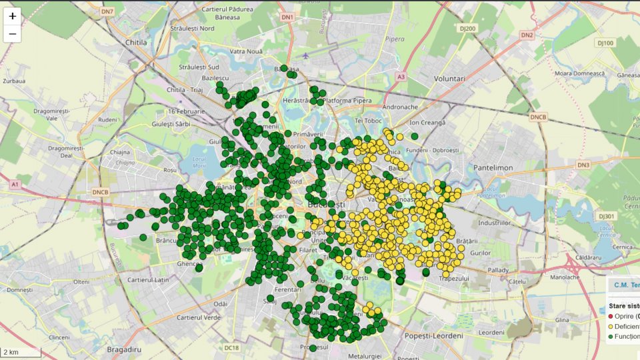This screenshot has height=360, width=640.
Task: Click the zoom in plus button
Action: pos(12,15)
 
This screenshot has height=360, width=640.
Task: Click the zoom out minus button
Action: pos(12,33)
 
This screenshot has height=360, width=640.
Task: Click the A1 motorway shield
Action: pos(15,183)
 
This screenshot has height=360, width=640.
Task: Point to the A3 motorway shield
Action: pos(401,77)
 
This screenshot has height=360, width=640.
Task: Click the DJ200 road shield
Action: pos(468,28)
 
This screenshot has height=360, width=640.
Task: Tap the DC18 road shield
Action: pos(231,347)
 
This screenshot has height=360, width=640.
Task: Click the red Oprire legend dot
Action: pos(611,316)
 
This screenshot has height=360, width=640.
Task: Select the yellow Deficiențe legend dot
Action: pos(611,327)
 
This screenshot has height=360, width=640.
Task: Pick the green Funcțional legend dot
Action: pos(611,337)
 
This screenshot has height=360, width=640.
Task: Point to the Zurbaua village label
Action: pos(14,81)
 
